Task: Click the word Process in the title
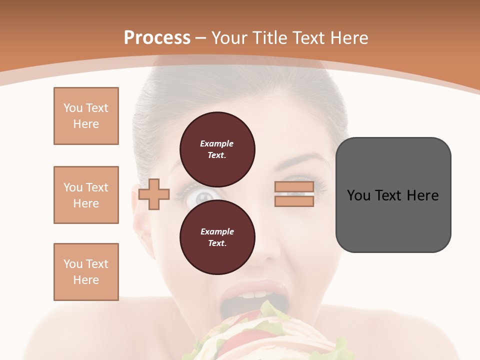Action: pyautogui.click(x=157, y=37)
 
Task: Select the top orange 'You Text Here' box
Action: pyautogui.click(x=86, y=116)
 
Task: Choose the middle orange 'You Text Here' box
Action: pyautogui.click(x=86, y=195)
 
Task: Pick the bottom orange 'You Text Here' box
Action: pyautogui.click(x=86, y=272)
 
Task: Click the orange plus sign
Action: pyautogui.click(x=154, y=194)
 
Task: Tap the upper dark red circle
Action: pyautogui.click(x=217, y=149)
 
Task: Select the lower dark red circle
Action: pyautogui.click(x=217, y=237)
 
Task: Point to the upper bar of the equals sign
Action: pyautogui.click(x=294, y=187)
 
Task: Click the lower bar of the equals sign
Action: pyautogui.click(x=294, y=201)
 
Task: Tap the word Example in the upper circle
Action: pyautogui.click(x=217, y=143)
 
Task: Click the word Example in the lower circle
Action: pyautogui.click(x=217, y=231)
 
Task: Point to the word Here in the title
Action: pyautogui.click(x=348, y=37)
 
